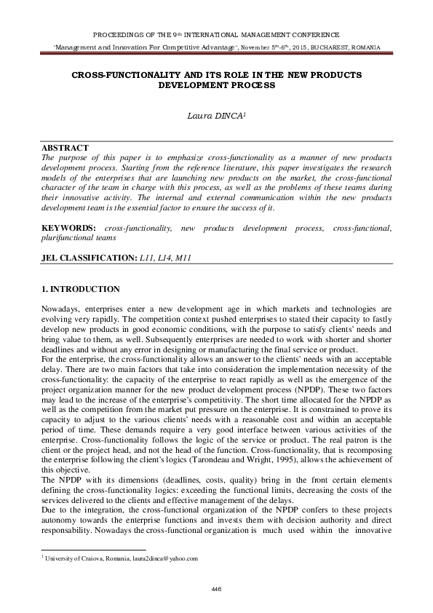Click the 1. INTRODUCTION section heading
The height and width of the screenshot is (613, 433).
(x=80, y=289)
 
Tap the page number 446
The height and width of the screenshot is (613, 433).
(x=216, y=588)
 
